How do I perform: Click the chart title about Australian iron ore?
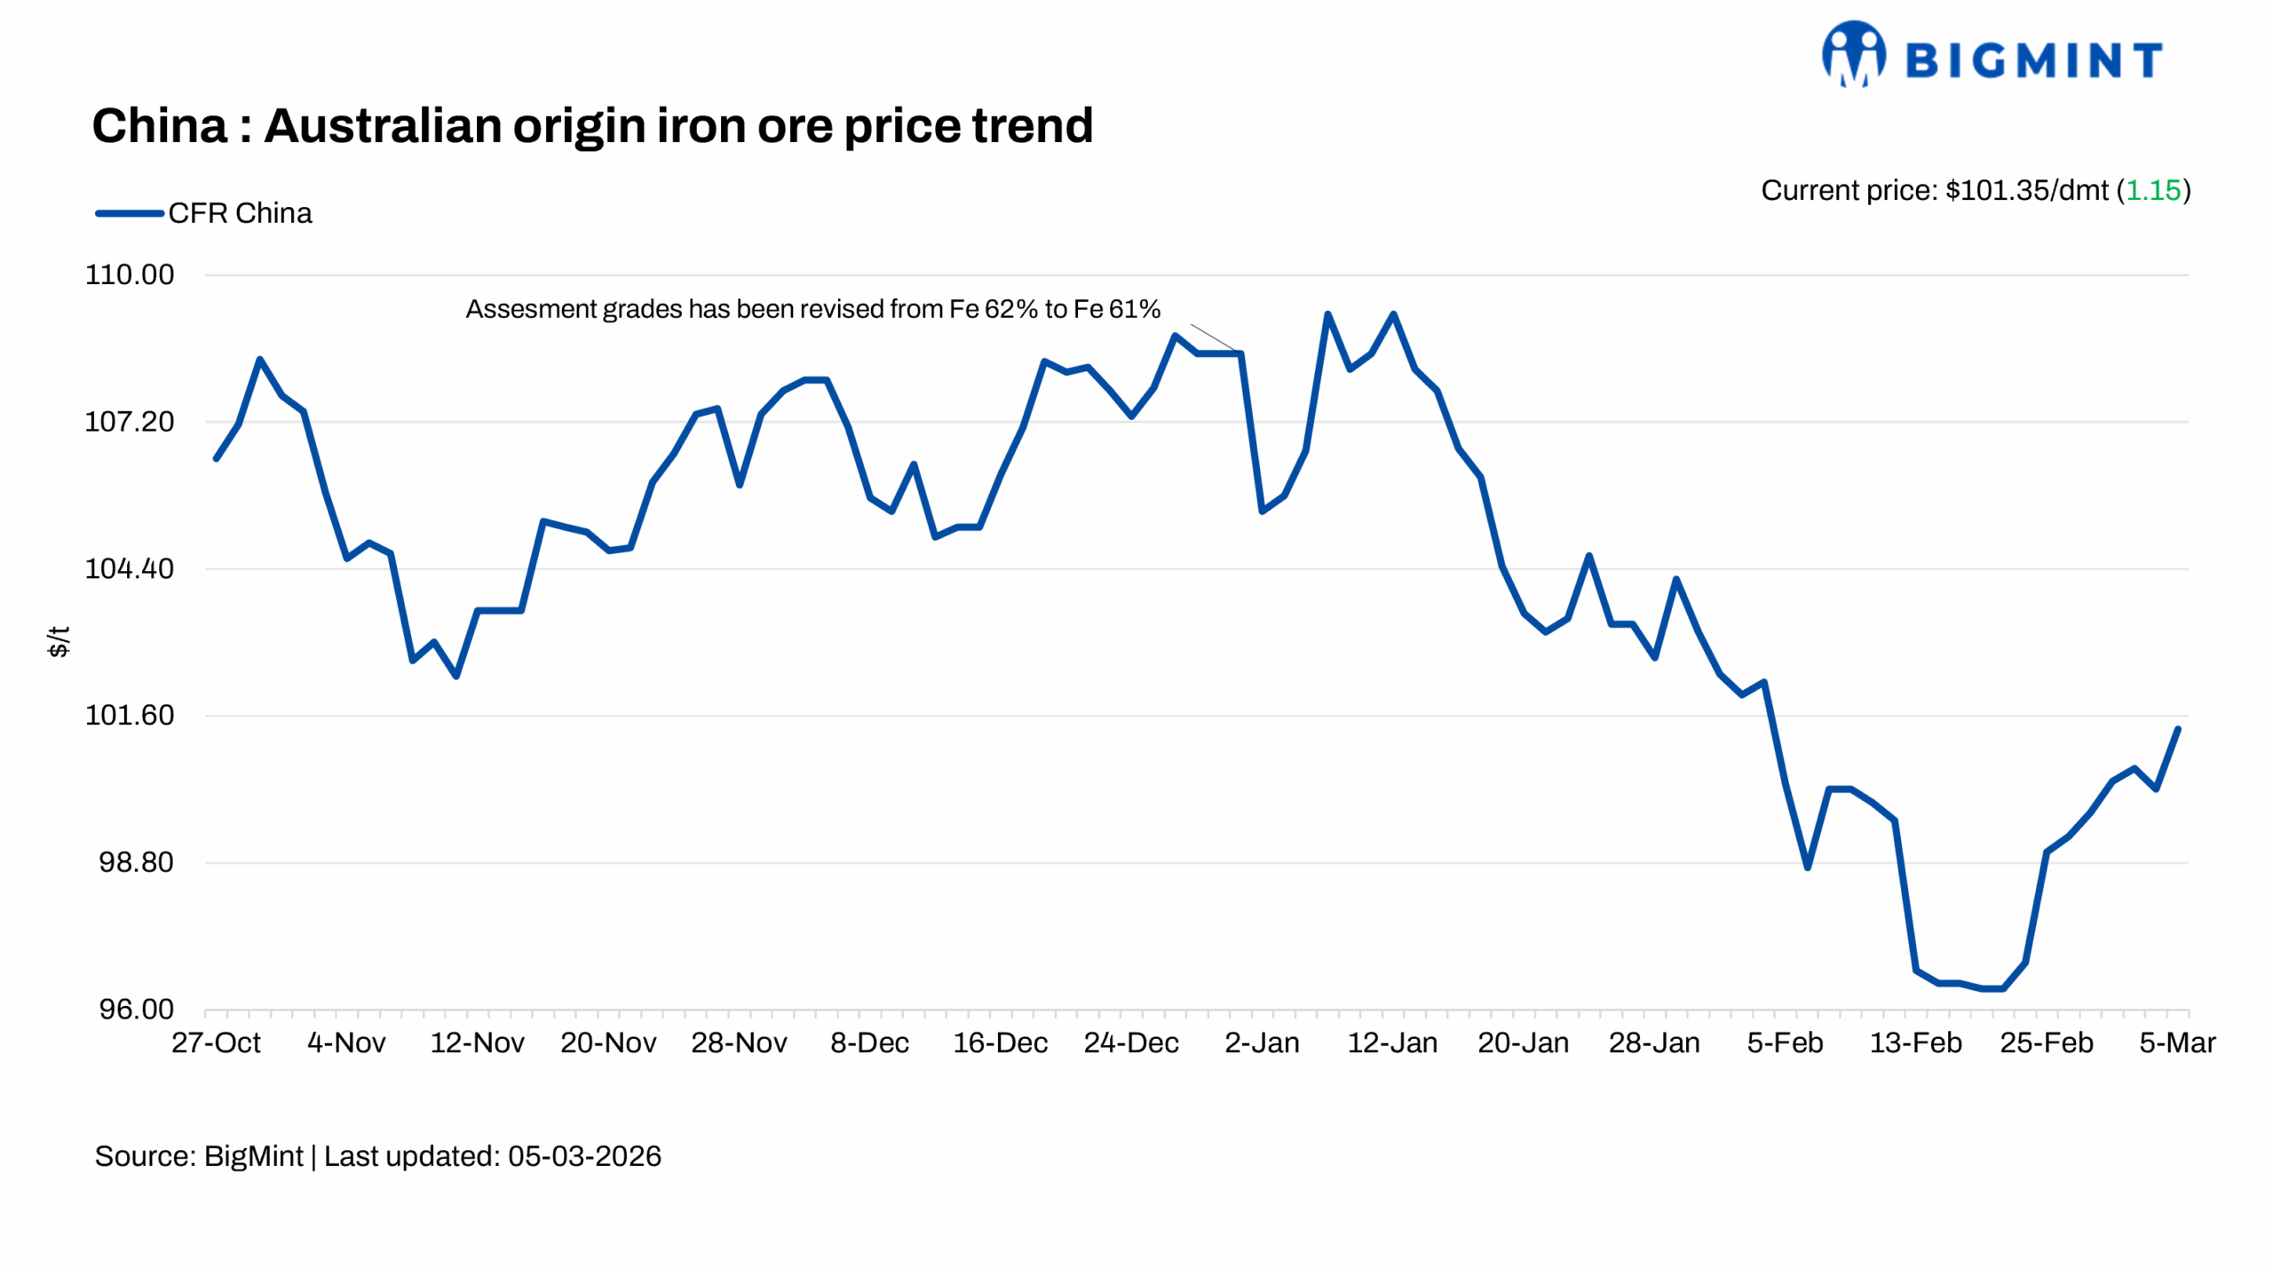tap(592, 125)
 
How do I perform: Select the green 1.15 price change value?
tap(2152, 190)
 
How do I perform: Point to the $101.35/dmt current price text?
tap(2026, 190)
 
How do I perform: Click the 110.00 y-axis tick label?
tap(130, 274)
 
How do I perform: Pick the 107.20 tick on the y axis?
tap(130, 422)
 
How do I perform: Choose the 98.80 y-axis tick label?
tap(136, 862)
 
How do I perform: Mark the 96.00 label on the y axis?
tap(136, 1010)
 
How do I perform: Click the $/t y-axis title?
tap(59, 641)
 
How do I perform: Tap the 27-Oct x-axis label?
tap(216, 1042)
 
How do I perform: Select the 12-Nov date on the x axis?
tap(477, 1042)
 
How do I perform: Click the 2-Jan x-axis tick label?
tap(1262, 1042)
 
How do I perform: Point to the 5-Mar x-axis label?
tap(2177, 1042)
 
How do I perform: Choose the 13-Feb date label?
tap(1916, 1042)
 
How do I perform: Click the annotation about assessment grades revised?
tap(812, 309)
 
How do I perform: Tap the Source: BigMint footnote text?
tap(199, 1156)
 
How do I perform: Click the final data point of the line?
tap(2178, 729)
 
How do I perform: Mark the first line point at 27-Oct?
tap(217, 458)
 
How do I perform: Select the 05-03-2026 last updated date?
tap(584, 1156)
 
